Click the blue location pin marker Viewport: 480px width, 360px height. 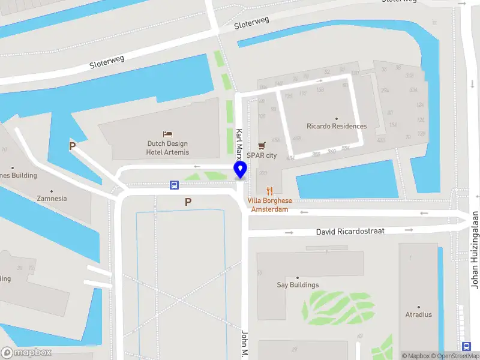241,170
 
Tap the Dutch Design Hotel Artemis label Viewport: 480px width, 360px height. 167,148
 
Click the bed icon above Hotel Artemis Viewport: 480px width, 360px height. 167,134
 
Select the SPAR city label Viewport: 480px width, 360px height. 262,155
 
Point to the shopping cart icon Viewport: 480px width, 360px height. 262,146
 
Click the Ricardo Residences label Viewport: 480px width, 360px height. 336,126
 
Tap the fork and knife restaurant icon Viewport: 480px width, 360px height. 271,191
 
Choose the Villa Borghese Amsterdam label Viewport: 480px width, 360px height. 271,205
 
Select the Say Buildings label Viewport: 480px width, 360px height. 298,285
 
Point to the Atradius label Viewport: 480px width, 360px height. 418,314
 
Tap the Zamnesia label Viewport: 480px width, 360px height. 52,198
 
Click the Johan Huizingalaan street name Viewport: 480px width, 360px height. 475,249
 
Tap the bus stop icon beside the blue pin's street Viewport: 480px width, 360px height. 174,185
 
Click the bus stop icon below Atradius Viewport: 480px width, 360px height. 466,346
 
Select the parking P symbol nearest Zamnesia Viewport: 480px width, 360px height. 73,146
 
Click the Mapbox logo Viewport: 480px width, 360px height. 26,353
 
